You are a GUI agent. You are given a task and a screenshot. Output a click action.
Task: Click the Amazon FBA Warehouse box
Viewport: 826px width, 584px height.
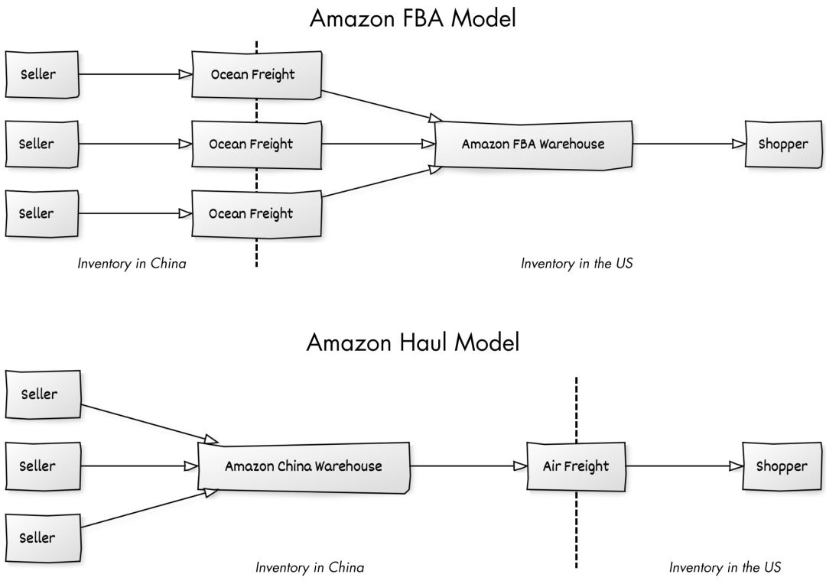point(533,144)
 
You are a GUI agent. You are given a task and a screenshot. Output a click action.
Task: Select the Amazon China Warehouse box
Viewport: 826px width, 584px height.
point(304,466)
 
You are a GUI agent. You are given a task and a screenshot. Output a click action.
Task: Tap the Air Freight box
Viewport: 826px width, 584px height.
point(576,466)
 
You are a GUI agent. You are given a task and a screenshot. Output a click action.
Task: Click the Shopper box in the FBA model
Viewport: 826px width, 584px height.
point(783,144)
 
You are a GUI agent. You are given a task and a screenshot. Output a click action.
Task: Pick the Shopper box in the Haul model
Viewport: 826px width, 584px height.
point(782,466)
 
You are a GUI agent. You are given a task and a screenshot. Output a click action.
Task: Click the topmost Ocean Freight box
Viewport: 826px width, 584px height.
point(256,75)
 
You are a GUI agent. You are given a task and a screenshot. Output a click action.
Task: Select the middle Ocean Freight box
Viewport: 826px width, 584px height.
point(256,144)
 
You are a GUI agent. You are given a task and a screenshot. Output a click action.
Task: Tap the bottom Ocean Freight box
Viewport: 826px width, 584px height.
point(256,214)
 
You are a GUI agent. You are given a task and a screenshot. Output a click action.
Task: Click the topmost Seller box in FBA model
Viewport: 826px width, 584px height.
point(41,74)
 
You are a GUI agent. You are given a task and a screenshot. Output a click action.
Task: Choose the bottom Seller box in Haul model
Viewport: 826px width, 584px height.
point(43,537)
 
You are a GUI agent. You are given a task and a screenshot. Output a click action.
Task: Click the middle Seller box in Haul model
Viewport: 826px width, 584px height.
point(43,466)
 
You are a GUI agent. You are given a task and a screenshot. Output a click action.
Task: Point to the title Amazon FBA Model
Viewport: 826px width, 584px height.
point(413,18)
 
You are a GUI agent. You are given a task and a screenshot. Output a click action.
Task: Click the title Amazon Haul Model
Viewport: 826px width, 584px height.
point(413,342)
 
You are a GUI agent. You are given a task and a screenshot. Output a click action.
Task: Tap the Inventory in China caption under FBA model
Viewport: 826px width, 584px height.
point(132,263)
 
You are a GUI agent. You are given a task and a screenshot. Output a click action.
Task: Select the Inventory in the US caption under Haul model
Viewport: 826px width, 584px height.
point(725,567)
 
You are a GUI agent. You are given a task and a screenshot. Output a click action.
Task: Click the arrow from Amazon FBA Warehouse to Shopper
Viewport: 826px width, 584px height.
point(688,144)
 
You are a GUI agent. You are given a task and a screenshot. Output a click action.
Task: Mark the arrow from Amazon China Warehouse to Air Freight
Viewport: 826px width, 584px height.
point(468,466)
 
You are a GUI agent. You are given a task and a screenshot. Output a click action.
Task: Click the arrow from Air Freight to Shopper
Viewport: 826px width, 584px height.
point(685,466)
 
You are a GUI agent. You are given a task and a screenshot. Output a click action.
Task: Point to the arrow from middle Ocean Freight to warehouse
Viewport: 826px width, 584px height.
point(379,144)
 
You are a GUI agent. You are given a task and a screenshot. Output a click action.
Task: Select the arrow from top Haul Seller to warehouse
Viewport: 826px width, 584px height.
point(149,423)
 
